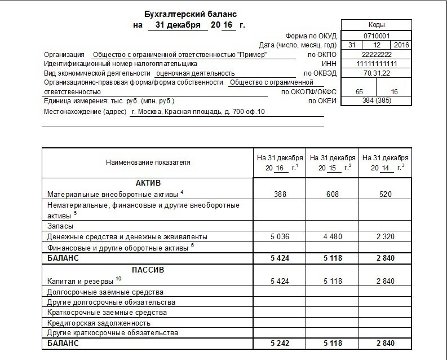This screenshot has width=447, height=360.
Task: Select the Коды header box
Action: coord(376,25)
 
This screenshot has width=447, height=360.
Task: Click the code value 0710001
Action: coord(376,35)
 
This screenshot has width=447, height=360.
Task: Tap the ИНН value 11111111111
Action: coord(376,64)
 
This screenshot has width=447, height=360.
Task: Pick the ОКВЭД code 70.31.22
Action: coord(376,73)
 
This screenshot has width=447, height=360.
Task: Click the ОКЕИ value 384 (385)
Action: coord(376,100)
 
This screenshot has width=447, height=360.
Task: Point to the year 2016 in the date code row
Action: coord(401,45)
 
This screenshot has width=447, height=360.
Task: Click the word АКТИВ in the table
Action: coord(148,184)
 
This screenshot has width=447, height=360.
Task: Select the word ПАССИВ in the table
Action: coord(148,270)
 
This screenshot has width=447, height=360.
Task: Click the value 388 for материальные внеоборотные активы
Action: coord(280,194)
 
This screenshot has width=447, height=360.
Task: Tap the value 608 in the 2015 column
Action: coord(333,194)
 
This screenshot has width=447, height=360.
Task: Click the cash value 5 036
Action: coord(280,236)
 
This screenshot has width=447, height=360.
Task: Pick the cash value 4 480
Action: coord(333,236)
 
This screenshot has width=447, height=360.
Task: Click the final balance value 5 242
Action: coord(280,344)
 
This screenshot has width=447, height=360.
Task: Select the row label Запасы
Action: coord(60,225)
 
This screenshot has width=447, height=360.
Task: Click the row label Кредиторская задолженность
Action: coord(99,323)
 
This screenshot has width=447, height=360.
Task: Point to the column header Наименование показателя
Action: coord(148,163)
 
